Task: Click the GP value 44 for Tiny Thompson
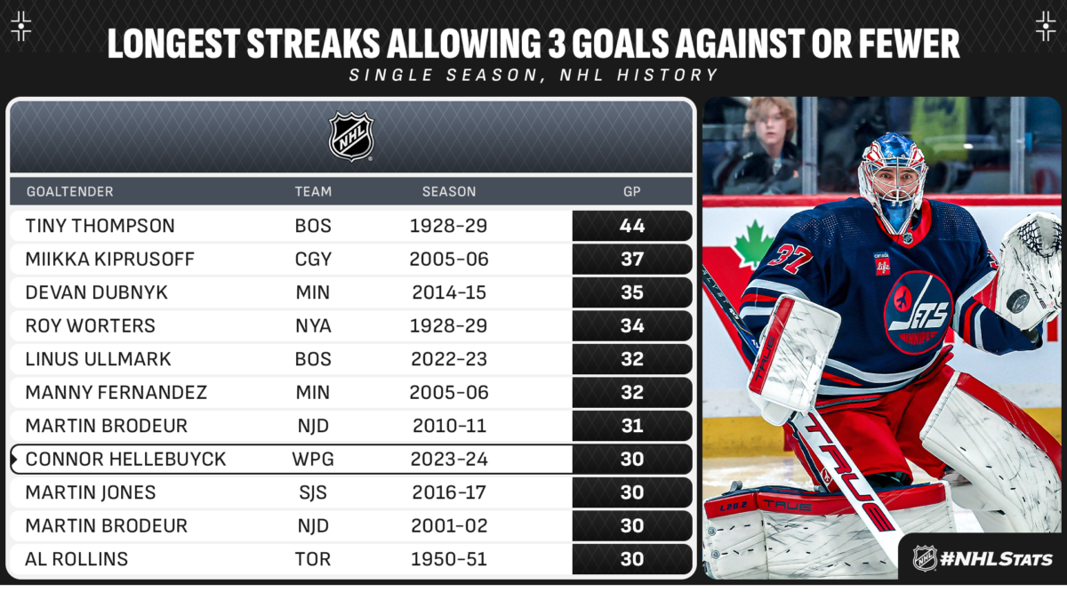point(631,226)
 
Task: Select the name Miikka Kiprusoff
point(109,259)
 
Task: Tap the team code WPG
point(313,459)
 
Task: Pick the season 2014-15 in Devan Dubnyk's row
point(449,292)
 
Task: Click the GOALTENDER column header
point(69,191)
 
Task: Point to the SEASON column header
point(449,191)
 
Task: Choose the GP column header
point(631,191)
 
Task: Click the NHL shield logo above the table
point(351,137)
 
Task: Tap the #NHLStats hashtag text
point(996,559)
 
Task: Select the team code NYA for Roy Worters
point(313,325)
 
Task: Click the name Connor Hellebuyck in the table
point(125,459)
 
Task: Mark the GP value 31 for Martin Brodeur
point(631,426)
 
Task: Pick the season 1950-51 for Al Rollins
point(449,559)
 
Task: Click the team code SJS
point(313,492)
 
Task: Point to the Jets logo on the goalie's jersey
point(917,312)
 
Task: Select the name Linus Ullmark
point(98,359)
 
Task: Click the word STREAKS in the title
point(313,44)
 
